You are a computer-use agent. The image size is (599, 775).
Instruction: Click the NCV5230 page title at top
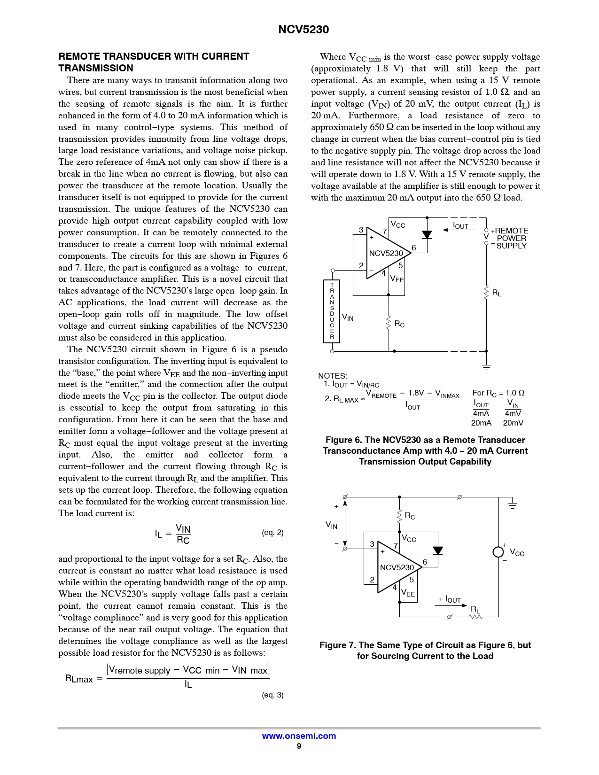pos(303,30)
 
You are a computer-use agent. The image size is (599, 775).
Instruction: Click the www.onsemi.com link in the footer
pos(299,736)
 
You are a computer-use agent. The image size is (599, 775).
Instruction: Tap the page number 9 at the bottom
pos(299,746)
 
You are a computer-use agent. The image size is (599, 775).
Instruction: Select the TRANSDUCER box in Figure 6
pos(332,311)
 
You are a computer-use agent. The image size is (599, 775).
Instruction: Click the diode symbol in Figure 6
pos(427,235)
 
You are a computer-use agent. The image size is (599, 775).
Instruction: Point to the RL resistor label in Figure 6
pos(497,293)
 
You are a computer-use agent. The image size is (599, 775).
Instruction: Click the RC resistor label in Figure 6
pos(399,324)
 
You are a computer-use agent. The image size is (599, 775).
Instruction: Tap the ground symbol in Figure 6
pos(486,366)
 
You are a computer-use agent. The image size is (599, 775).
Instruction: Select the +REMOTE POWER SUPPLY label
pos(510,238)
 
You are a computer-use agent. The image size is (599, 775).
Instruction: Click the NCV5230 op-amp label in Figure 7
pos(397,567)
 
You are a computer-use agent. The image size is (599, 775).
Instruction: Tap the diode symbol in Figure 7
pos(438,550)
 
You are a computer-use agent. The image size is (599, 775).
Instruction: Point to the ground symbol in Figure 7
pos(512,504)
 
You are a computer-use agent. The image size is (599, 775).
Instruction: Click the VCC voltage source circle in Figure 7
pos(498,552)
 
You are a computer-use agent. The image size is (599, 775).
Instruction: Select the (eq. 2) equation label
pos(272,533)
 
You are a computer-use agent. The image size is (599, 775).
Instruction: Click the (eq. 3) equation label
pos(272,695)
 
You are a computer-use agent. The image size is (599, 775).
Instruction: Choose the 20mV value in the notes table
pos(513,423)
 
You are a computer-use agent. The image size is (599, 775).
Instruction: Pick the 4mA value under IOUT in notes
pos(481,413)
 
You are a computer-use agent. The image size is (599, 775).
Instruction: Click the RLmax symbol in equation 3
pos(79,679)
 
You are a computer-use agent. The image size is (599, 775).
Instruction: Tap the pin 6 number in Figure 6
pos(413,248)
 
